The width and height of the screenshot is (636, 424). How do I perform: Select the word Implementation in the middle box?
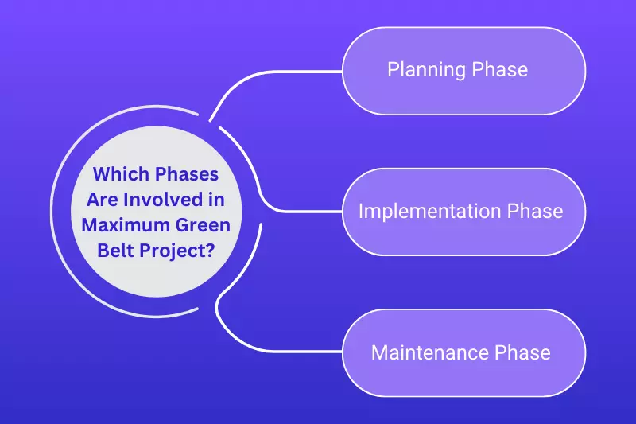point(430,212)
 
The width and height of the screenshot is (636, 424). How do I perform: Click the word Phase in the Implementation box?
point(534,212)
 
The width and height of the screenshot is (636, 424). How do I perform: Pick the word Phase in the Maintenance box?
point(522,352)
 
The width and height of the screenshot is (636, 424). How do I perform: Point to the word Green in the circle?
point(199,225)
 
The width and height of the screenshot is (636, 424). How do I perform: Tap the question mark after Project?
point(211,251)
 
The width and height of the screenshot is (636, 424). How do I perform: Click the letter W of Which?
point(101,174)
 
